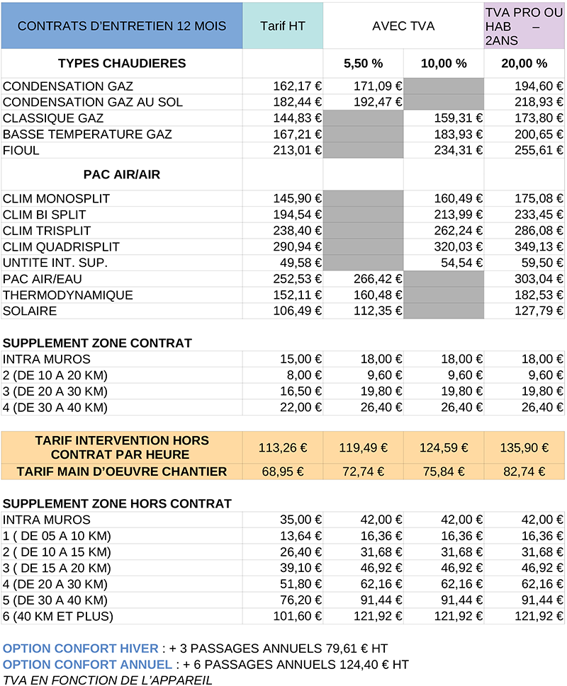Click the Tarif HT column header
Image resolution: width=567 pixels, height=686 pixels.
point(283,26)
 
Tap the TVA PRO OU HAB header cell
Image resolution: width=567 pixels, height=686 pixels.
point(524,27)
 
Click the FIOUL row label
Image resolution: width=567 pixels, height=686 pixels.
point(21,150)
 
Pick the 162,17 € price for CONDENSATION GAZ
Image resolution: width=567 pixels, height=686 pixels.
point(298,86)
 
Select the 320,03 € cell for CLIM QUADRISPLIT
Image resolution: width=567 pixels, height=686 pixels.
point(459,247)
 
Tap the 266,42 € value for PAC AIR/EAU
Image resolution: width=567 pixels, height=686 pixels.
point(378,279)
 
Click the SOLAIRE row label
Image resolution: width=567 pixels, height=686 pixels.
point(30,311)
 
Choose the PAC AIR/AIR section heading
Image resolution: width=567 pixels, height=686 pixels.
point(121,174)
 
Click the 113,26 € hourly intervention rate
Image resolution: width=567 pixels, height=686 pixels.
point(283,447)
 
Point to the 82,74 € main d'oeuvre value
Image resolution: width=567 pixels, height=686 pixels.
point(524,471)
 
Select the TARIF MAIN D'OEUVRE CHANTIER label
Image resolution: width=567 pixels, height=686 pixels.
point(121,471)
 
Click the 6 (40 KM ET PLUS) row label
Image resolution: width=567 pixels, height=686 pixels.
point(58,616)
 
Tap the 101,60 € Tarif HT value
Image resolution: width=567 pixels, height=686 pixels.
point(298,616)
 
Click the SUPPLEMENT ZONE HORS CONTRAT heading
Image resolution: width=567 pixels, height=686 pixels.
point(117,504)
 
